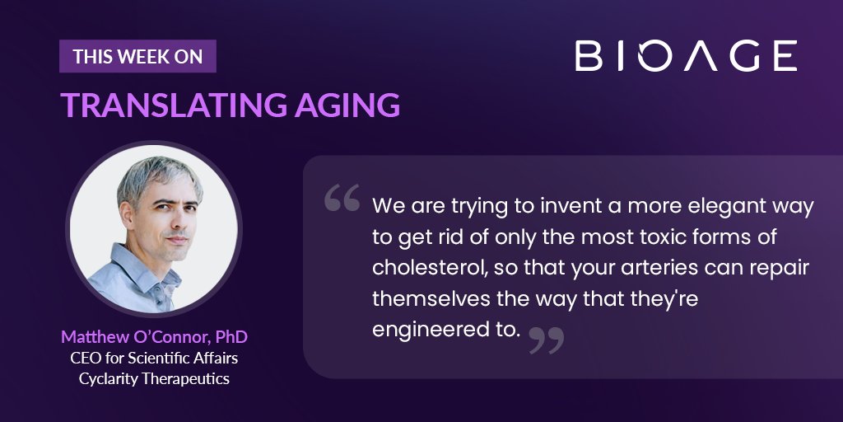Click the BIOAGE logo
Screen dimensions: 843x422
[686, 55]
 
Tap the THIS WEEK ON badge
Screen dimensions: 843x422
[137, 56]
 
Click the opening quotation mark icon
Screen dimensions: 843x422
[342, 198]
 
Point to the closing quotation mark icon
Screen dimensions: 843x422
[547, 340]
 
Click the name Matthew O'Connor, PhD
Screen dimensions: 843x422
[155, 337]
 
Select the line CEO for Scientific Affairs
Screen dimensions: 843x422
[154, 358]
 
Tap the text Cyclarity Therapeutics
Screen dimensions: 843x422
[154, 378]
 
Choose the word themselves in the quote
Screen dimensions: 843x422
[431, 298]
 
